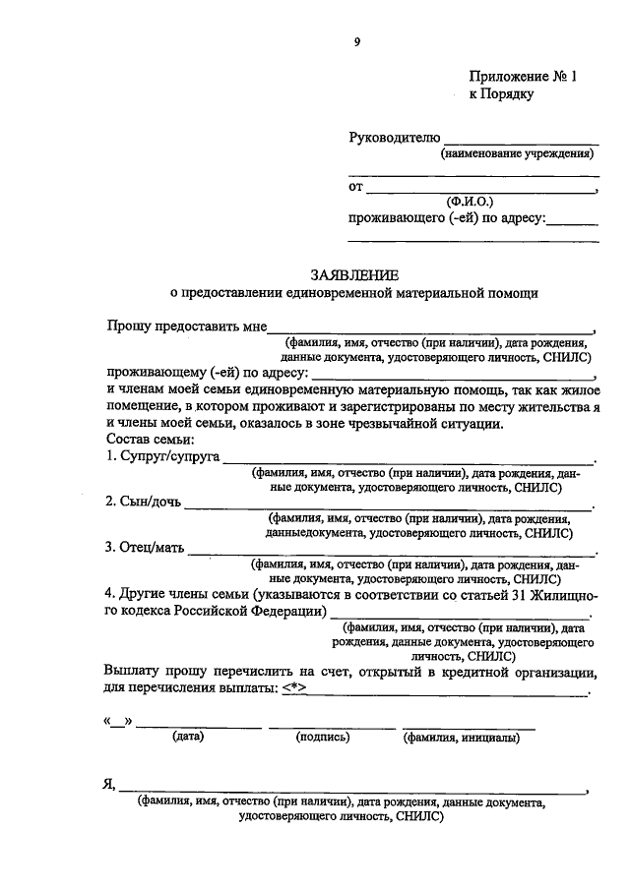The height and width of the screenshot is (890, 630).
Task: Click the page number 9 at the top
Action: [x=358, y=41]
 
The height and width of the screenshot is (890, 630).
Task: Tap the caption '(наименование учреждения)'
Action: [x=517, y=153]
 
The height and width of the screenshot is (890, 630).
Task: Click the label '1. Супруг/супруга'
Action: [x=161, y=457]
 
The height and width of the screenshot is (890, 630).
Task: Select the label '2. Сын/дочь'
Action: [x=143, y=503]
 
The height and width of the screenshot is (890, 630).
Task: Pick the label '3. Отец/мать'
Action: [x=144, y=548]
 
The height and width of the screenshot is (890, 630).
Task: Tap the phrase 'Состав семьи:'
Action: [x=148, y=440]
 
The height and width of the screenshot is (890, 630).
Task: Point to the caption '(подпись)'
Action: [x=323, y=736]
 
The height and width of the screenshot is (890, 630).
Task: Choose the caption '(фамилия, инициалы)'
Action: [x=468, y=736]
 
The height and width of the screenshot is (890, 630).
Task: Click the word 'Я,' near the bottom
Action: [x=109, y=785]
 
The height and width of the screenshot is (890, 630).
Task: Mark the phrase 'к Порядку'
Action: [x=501, y=94]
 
